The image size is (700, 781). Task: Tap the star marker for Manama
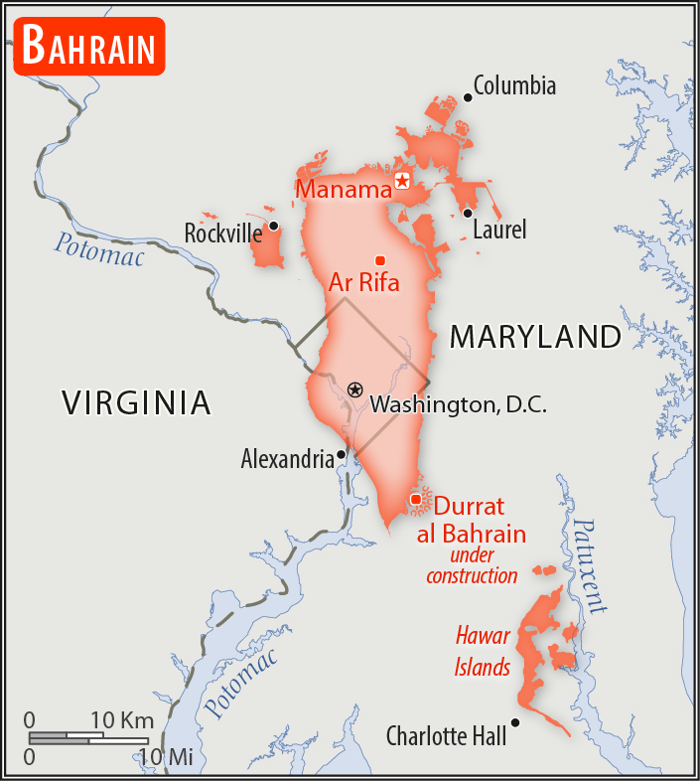(x=402, y=180)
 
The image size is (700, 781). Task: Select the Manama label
(x=344, y=189)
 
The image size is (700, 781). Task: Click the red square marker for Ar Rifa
(x=379, y=260)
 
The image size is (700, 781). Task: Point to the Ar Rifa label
(x=363, y=283)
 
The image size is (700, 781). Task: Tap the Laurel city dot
(x=467, y=213)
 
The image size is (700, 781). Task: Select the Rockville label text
(x=222, y=234)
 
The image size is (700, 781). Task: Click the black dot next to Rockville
(x=273, y=227)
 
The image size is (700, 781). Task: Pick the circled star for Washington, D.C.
(x=354, y=389)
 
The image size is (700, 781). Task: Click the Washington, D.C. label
(x=458, y=405)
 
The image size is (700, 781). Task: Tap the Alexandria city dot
(x=342, y=454)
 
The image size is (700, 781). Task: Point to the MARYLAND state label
(x=535, y=337)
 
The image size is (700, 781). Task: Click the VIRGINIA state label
(x=136, y=402)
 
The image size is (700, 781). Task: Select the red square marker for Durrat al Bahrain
(x=415, y=499)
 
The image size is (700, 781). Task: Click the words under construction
(x=472, y=564)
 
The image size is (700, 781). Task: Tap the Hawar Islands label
(x=483, y=651)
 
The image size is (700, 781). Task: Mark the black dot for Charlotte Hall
(x=515, y=722)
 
